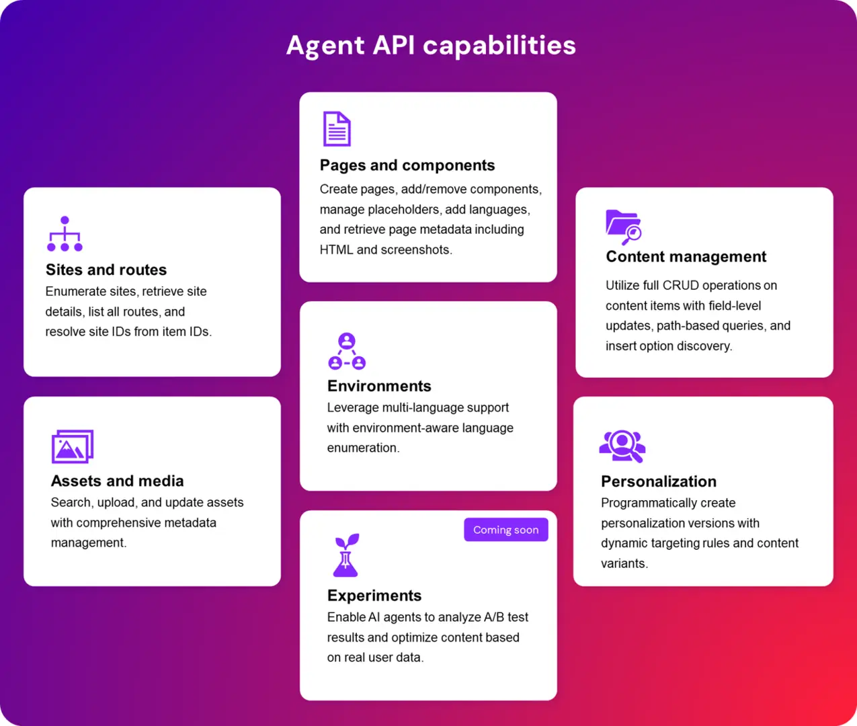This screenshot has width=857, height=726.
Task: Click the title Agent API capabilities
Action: pyautogui.click(x=431, y=46)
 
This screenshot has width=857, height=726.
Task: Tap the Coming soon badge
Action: pyautogui.click(x=505, y=530)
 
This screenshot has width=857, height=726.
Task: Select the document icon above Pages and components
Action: pyautogui.click(x=337, y=128)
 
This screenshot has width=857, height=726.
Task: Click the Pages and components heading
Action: pyautogui.click(x=407, y=165)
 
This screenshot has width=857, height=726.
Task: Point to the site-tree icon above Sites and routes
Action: pyautogui.click(x=65, y=234)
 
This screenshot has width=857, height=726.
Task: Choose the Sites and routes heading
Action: pyautogui.click(x=106, y=270)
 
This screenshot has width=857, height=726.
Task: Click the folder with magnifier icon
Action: pyautogui.click(x=623, y=227)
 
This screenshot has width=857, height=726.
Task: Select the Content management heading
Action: pyautogui.click(x=686, y=257)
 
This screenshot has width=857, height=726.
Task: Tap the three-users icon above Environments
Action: pyautogui.click(x=347, y=351)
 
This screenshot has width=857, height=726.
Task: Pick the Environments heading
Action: pyautogui.click(x=379, y=386)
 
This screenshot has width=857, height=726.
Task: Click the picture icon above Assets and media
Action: pyautogui.click(x=73, y=446)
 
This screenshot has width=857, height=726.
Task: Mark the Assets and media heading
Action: pyautogui.click(x=117, y=481)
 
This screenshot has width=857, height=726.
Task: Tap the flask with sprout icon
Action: pyautogui.click(x=346, y=555)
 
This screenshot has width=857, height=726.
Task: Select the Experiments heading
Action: pyautogui.click(x=374, y=596)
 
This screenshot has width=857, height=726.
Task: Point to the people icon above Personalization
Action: pyautogui.click(x=622, y=446)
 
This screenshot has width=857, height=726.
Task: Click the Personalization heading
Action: pyautogui.click(x=659, y=481)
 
